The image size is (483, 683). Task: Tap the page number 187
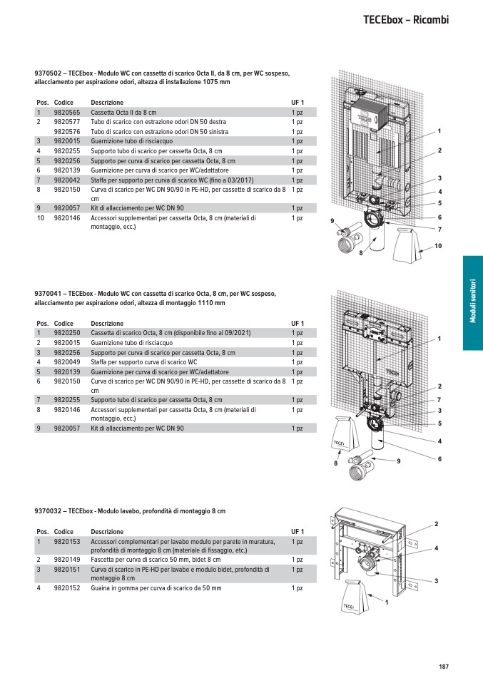point(444,667)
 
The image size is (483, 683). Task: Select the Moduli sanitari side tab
point(472,303)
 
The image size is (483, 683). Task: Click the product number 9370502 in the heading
point(49,73)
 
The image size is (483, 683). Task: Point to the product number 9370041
point(49,294)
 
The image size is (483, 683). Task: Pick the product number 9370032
point(49,511)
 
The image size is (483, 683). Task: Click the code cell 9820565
point(67,113)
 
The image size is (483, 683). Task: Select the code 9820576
point(67,132)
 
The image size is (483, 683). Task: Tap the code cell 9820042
point(67,180)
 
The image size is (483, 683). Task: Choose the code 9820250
point(67,333)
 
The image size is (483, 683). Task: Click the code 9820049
point(67,362)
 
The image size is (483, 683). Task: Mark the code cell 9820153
point(67,542)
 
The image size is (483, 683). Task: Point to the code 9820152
point(67,588)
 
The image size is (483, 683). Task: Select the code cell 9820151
point(67,570)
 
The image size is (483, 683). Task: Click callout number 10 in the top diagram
point(439,246)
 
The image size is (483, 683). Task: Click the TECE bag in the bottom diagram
point(350,597)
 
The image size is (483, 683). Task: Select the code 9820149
point(67,560)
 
